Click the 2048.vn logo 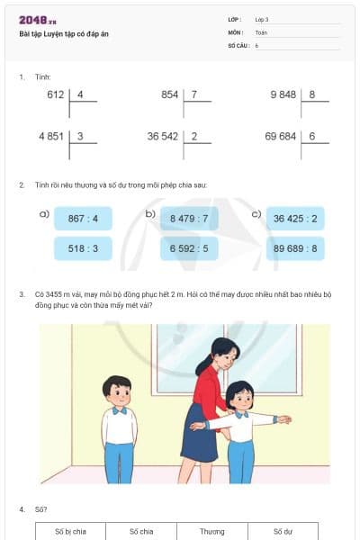pos(38,21)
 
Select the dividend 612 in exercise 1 pos(56,94)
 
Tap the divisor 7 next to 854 pos(194,94)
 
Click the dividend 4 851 pos(51,136)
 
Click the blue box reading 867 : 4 pos(83,219)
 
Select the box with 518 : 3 pos(83,248)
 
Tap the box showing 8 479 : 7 pos(189,219)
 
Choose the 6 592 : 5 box pos(189,248)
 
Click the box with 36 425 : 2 pos(295,219)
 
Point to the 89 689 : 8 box pos(295,248)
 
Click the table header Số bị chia pos(70,531)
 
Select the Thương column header pos(212,531)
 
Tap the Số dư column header pos(283,531)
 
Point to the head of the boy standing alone pos(116,388)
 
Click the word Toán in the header pos(261,31)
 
